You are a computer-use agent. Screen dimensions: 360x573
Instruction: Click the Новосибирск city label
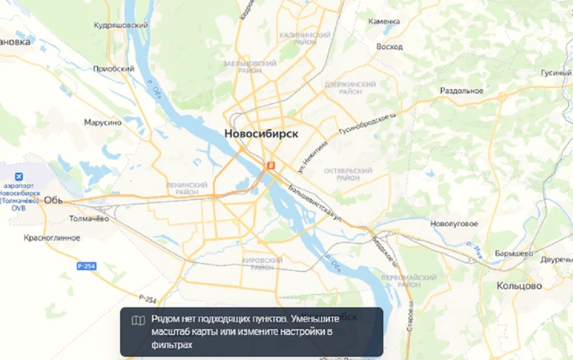click(x=261, y=134)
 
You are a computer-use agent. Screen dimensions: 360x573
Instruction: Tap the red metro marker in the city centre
click(x=271, y=165)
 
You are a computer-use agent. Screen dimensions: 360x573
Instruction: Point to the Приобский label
click(x=114, y=68)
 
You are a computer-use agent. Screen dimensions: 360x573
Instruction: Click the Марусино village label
click(x=102, y=122)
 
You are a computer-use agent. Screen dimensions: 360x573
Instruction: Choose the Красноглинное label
click(x=52, y=238)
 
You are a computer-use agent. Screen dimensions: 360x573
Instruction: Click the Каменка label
click(x=383, y=21)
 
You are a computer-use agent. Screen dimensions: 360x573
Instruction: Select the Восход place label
click(x=389, y=46)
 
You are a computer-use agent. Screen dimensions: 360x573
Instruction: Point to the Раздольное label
click(x=462, y=90)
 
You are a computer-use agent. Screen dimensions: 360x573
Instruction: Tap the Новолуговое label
click(x=454, y=224)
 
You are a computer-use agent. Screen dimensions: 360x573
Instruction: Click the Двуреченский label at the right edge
click(x=556, y=260)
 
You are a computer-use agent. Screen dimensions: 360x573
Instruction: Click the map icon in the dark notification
click(x=137, y=321)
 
